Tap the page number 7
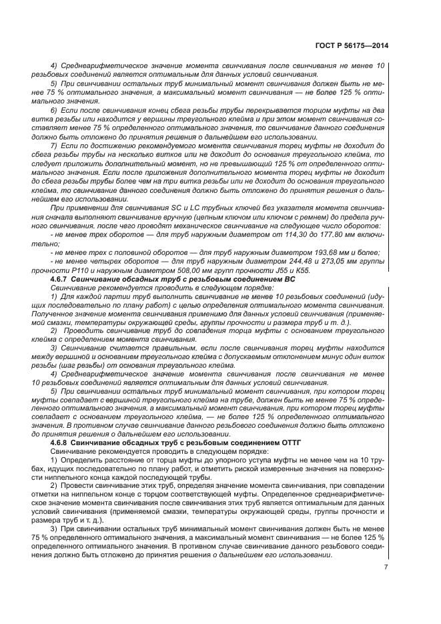[x=386, y=567]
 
